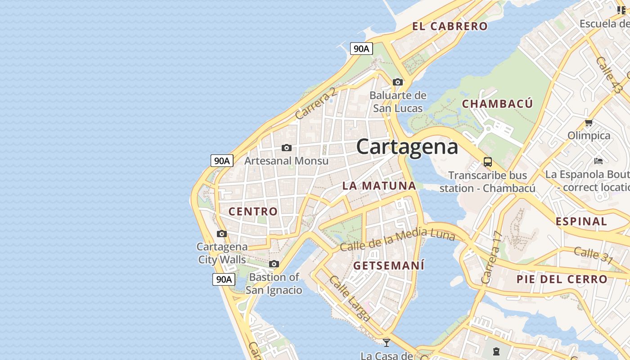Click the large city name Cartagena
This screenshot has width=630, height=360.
[x=407, y=147]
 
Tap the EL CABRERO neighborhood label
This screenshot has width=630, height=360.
[x=450, y=26]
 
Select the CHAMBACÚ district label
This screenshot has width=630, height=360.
[x=497, y=103]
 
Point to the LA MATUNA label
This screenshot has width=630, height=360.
[x=379, y=185]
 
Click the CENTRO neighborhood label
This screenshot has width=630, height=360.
[x=253, y=211]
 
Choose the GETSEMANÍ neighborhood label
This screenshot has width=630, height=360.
[x=389, y=265]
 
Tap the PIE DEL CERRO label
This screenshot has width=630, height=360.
[x=562, y=279]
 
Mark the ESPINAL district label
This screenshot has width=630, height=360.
[x=581, y=221]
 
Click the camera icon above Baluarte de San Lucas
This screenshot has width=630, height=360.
[x=398, y=82]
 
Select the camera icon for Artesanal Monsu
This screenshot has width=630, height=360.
[x=286, y=148]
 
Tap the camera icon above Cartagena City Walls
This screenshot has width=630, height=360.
[x=222, y=234]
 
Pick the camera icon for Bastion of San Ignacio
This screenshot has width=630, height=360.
[x=274, y=264]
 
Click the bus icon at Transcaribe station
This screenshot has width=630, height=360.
[x=488, y=162]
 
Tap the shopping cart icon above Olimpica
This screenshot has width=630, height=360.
[x=589, y=122]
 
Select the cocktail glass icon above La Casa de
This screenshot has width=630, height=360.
[x=387, y=342]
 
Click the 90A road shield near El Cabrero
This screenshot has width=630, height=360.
[x=361, y=49]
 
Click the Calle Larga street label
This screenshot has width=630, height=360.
[x=350, y=298]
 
